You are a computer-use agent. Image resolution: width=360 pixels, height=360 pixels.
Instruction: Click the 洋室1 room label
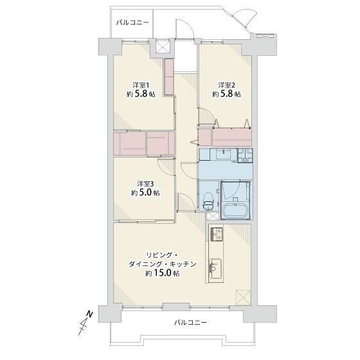(x=141, y=85)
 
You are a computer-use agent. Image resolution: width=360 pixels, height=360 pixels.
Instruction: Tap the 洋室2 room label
(x=226, y=85)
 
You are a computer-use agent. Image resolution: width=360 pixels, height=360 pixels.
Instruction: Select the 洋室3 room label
(x=145, y=184)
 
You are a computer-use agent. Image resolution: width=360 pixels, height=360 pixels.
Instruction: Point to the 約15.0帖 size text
(x=162, y=273)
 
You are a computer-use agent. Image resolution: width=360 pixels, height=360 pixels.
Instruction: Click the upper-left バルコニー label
(x=132, y=22)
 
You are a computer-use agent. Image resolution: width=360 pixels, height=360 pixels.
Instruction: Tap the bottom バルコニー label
(x=190, y=322)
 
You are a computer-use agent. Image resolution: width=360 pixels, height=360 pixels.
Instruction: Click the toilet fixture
(x=208, y=201)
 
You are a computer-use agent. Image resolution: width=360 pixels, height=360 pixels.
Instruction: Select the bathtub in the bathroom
(x=235, y=211)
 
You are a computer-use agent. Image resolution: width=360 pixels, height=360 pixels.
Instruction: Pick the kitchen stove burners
(x=217, y=234)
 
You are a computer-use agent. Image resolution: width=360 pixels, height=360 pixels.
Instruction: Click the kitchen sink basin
(x=215, y=269)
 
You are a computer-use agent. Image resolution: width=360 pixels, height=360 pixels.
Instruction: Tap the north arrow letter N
(x=89, y=314)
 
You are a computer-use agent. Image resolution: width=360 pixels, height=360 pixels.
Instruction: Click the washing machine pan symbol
(x=245, y=156)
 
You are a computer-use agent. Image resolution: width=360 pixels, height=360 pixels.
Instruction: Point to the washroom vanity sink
(x=223, y=154)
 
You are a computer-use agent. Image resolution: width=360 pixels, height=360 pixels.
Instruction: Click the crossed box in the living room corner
(x=244, y=297)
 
